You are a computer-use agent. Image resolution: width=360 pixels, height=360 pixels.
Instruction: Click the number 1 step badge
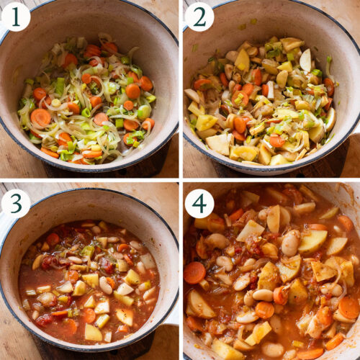16,17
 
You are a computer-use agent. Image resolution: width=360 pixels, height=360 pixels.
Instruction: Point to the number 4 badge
199,204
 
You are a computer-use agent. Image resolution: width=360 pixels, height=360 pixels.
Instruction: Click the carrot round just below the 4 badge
194,272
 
